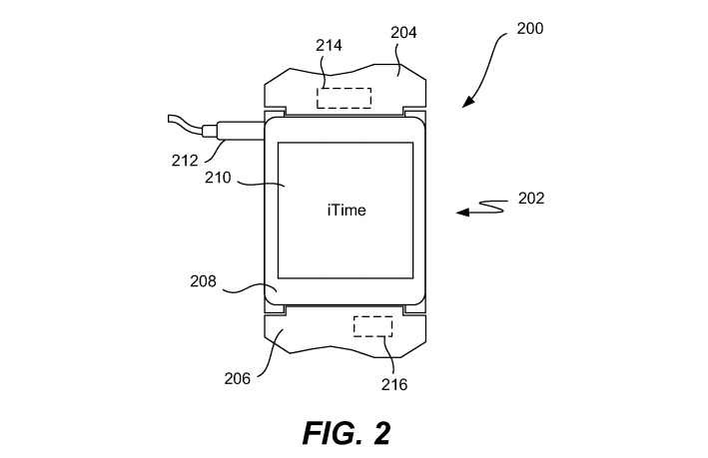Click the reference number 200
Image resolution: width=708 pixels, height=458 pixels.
pos(529,29)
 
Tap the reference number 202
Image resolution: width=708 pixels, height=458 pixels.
pos(531,199)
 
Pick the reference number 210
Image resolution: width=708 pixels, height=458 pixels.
pos(219,179)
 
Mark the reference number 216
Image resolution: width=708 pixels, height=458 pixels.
pos(393,382)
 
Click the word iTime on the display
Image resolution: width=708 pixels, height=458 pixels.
pos(346,211)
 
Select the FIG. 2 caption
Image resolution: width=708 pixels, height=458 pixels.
pos(346,431)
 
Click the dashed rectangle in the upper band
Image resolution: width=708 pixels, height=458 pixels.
pos(345,98)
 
